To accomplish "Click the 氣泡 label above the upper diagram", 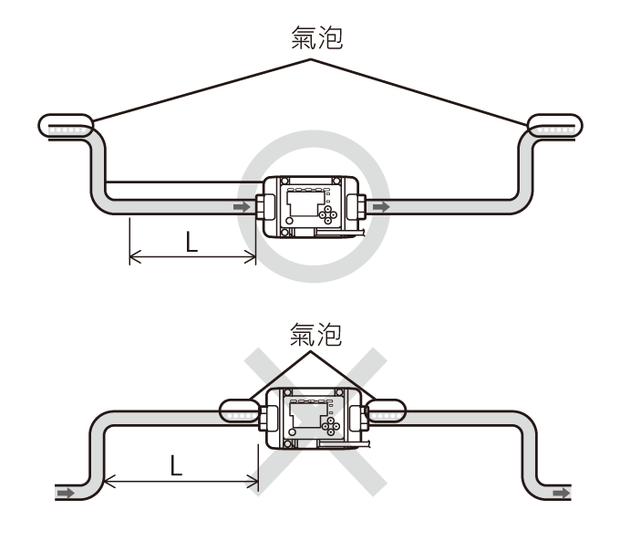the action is point(316,38).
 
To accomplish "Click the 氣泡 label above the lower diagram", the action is point(315,334).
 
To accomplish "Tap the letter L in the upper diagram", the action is point(191,242).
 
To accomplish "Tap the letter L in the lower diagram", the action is point(176,465).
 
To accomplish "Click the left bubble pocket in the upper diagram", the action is point(66,126).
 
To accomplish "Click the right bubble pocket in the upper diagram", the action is point(555,126).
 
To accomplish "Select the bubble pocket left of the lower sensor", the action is point(240,411).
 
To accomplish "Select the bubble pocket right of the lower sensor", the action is point(385,411).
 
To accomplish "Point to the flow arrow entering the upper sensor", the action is point(242,207).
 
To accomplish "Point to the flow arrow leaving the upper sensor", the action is point(381,207).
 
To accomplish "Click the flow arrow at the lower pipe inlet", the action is point(66,493).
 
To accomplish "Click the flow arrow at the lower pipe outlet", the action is point(562,493).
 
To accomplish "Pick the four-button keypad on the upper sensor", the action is point(328,214).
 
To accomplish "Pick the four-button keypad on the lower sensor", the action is point(331,426).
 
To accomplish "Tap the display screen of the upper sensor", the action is point(304,204).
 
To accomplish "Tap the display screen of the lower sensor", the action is point(307,415).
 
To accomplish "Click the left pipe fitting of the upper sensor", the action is point(265,206).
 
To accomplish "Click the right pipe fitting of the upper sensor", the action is point(356,206).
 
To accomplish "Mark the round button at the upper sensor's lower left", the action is point(289,221).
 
